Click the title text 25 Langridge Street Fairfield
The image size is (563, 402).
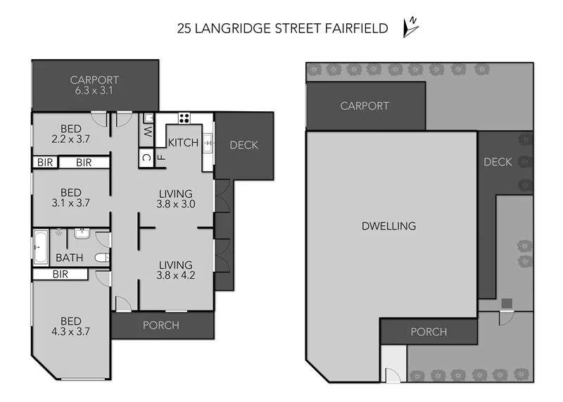282,28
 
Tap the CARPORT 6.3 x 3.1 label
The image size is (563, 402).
94,85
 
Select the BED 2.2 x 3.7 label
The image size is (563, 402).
70,134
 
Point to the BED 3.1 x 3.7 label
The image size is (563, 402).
70,197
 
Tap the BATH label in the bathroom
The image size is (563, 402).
69,258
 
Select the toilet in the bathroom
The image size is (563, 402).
103,258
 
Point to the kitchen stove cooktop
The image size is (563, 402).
184,118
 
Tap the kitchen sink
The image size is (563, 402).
208,145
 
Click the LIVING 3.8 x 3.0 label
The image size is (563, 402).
175,199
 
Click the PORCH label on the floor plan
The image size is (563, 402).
161,325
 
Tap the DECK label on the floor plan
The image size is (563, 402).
243,145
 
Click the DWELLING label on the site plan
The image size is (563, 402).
388,226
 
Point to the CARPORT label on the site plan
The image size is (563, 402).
365,106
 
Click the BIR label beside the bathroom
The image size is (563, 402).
60,275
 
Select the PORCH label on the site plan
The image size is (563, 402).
428,332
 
